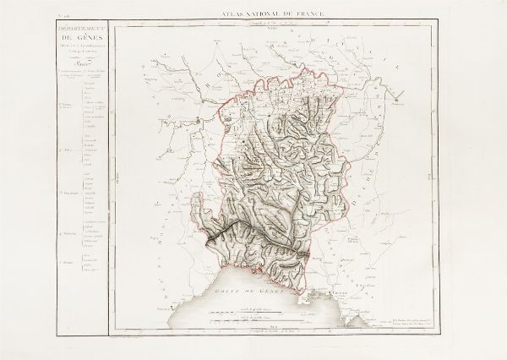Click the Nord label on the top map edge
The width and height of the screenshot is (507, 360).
(x=273, y=29)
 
